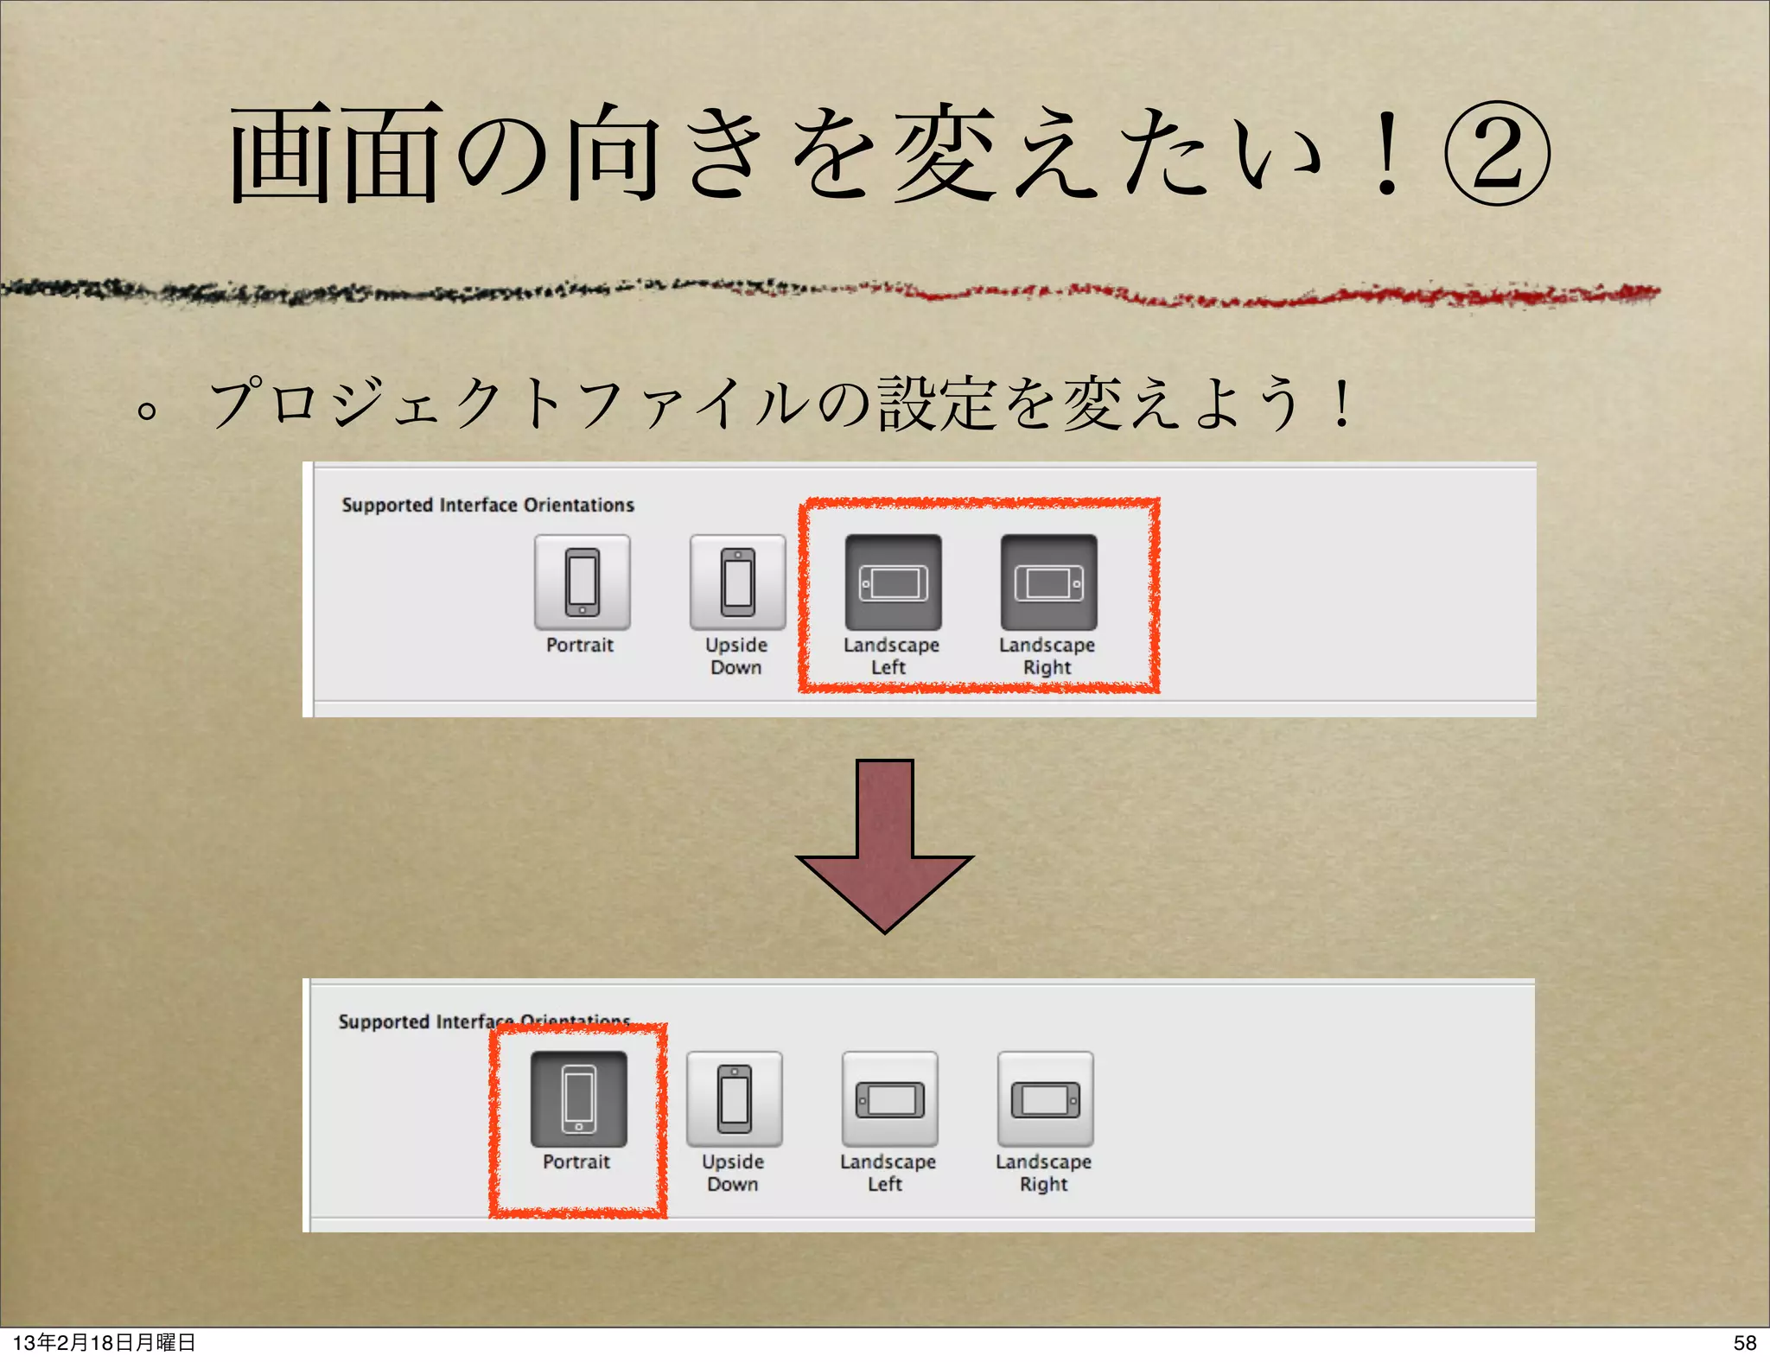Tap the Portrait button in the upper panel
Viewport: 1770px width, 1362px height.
pos(582,582)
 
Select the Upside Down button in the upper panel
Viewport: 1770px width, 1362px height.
pos(737,582)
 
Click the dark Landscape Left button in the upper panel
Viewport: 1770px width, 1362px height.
pos(893,582)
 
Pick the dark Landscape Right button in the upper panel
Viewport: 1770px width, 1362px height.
pos(1048,582)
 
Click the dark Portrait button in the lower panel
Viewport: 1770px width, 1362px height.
pos(578,1098)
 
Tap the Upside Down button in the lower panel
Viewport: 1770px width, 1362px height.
pos(734,1098)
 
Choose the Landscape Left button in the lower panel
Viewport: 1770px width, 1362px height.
pos(889,1098)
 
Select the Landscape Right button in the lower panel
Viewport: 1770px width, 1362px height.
pos(1045,1098)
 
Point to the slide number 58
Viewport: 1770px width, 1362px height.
pos(1744,1342)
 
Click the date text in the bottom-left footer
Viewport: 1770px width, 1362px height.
pos(104,1342)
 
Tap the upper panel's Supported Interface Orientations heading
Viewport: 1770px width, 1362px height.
pos(487,505)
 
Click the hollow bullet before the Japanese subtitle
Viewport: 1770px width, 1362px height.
pos(148,410)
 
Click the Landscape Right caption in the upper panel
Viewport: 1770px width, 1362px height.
pos(1047,656)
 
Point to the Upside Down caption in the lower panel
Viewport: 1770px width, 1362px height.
pos(733,1173)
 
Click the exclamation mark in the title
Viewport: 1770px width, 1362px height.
pos(1386,153)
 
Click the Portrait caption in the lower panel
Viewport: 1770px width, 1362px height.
pos(576,1162)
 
